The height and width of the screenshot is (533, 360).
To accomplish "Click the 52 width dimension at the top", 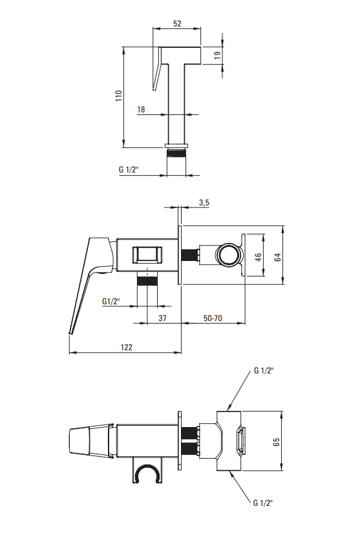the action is tap(177, 23).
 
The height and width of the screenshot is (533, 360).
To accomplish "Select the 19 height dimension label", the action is tap(218, 55).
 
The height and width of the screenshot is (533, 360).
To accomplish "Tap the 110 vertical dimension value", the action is tap(118, 96).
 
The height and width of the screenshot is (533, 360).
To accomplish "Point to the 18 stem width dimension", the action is tap(141, 109).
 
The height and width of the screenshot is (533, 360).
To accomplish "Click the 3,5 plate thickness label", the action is tap(204, 203).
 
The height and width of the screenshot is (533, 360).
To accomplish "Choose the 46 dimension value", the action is tap(259, 257).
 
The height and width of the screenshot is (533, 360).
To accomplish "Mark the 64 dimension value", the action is tap(278, 257).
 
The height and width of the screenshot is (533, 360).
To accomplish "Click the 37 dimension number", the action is tap(162, 318).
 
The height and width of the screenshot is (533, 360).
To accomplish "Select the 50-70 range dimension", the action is tap(213, 318).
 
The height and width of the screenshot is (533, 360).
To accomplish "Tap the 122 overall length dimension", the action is tap(127, 347).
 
